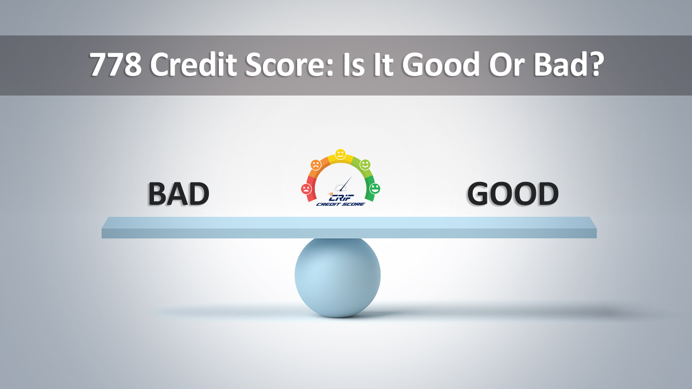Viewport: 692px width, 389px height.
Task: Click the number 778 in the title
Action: point(115,65)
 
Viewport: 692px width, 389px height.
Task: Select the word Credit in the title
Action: point(193,65)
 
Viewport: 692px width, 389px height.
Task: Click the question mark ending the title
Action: point(596,65)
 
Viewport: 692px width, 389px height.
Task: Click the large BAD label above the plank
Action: point(179,194)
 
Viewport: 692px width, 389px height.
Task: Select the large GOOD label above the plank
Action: point(513,194)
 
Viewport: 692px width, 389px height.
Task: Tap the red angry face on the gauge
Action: point(307,189)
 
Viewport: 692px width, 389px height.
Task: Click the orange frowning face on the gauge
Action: point(316,165)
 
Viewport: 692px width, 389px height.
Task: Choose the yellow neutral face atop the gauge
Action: point(341,154)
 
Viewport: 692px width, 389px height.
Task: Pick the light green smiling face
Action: point(365,165)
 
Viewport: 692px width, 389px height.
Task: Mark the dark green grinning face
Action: point(375,189)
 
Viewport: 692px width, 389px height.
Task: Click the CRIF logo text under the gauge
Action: point(342,198)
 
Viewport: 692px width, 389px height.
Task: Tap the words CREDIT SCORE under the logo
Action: point(340,204)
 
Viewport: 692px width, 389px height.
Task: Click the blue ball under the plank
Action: point(337,277)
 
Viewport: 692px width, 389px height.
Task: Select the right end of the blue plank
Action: point(590,227)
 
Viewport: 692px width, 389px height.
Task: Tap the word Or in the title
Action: point(506,65)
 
